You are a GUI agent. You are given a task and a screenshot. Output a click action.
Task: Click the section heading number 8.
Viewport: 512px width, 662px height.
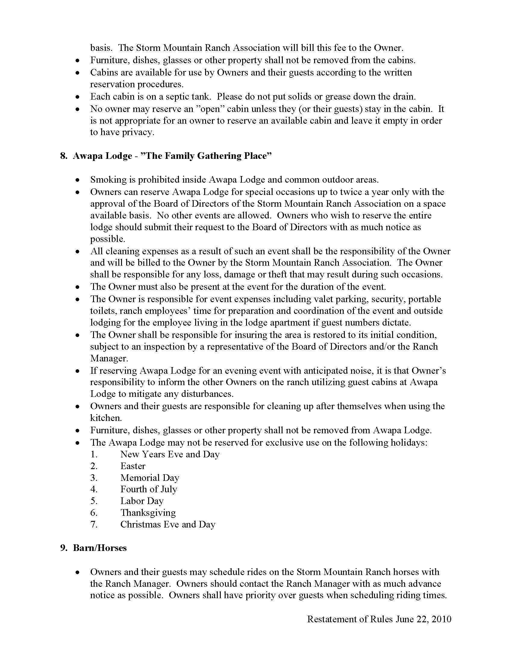(63, 156)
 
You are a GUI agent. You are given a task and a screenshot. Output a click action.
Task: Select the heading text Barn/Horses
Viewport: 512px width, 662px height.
(99, 548)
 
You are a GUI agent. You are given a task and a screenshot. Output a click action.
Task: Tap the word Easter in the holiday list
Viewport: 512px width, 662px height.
(133, 466)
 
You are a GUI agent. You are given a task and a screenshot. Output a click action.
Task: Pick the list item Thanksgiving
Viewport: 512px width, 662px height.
(148, 513)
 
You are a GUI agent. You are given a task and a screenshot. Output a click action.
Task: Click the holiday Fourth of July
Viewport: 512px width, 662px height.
(148, 489)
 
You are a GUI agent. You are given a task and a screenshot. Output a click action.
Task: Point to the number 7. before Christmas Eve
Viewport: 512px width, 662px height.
(94, 524)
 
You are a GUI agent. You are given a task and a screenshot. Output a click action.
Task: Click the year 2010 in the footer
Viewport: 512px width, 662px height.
(442, 619)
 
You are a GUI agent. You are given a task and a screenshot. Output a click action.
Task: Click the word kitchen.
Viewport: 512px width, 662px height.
(106, 418)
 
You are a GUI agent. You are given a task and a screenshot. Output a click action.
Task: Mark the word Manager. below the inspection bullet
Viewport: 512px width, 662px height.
(109, 359)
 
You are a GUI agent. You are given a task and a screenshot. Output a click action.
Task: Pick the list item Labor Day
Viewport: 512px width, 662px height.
(142, 501)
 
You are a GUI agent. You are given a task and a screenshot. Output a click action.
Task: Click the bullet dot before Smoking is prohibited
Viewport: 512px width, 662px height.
(78, 180)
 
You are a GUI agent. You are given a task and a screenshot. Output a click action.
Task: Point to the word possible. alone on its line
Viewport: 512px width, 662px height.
(108, 239)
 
